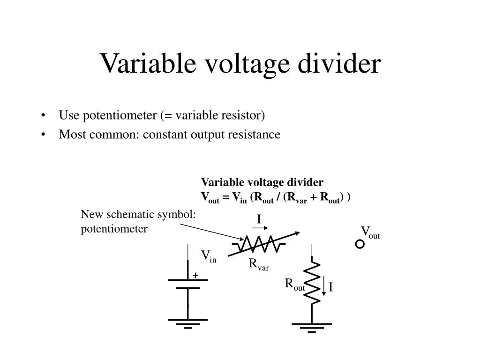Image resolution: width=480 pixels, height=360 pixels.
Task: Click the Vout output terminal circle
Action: pos(360,244)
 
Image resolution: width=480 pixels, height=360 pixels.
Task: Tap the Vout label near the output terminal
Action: pos(370,232)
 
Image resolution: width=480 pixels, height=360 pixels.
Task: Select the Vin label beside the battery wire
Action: pos(209,256)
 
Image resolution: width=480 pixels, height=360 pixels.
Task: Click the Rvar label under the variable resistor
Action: pos(259,265)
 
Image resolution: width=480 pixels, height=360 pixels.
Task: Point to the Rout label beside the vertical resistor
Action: pos(295,284)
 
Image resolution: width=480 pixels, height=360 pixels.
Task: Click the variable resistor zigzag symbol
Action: pos(261,244)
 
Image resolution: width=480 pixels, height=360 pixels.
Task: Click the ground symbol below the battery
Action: pos(188,323)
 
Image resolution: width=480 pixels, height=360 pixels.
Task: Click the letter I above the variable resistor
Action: pos(258,219)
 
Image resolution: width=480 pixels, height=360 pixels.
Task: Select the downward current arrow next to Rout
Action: pos(323,285)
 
